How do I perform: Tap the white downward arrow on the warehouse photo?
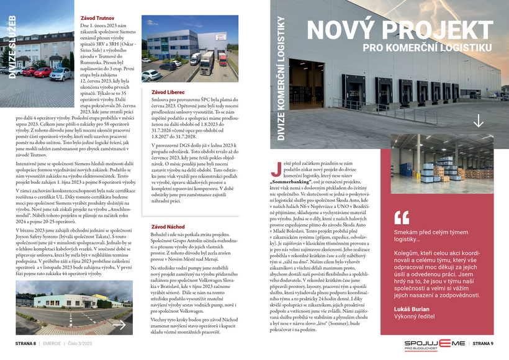pyautogui.click(x=478, y=121)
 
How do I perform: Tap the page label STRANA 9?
pyautogui.click(x=483, y=343)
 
